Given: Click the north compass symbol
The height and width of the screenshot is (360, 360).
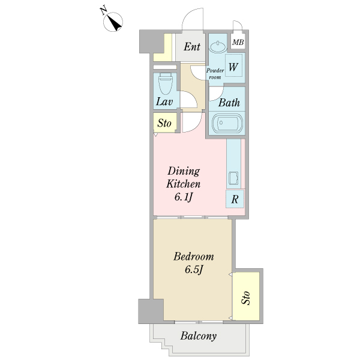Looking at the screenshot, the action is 113,22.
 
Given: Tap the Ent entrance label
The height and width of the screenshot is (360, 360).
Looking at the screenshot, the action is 192,47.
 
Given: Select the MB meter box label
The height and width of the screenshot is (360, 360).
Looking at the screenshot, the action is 238,42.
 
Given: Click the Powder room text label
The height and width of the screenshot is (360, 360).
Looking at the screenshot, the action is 215,74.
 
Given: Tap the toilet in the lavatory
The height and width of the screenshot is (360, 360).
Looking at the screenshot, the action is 166,83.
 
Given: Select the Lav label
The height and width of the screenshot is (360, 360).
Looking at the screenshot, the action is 164,101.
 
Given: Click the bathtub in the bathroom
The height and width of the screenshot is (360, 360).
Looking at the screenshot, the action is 227,123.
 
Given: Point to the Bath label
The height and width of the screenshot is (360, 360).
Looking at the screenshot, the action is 229,103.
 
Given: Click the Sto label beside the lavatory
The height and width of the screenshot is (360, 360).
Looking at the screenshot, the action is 164,123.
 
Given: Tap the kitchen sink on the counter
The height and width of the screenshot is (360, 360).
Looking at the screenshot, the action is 233,178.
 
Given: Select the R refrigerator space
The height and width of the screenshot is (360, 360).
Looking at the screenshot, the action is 235,199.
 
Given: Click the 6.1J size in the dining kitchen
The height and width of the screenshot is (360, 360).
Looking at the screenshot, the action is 184,197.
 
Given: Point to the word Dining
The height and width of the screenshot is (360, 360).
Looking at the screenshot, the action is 184,172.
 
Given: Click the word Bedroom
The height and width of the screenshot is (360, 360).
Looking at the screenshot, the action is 194,256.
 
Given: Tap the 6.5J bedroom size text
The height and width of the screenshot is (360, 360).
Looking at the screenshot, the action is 194,269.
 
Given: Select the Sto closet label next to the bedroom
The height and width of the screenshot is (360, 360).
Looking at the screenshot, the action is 246,298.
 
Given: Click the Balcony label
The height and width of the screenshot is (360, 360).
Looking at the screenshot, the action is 199,336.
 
